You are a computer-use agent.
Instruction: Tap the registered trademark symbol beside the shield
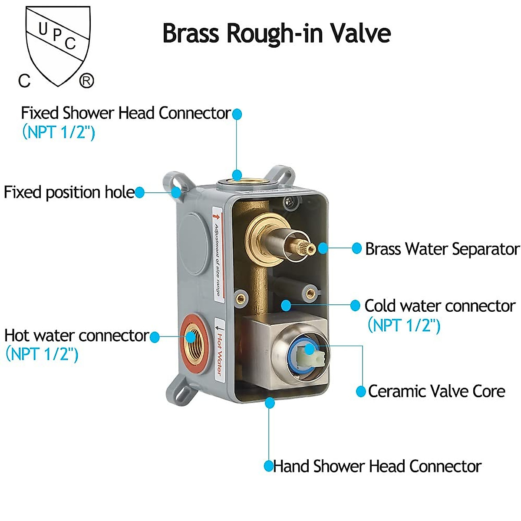pos(86,81)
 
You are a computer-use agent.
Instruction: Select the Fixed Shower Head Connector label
pos(125,113)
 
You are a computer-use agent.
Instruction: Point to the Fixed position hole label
pos(69,192)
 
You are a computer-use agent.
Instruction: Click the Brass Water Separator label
pos(442,249)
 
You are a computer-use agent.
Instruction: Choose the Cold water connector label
pos(440,306)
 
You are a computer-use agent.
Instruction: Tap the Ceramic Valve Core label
pos(436,391)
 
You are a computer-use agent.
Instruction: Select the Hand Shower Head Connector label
pos(377,466)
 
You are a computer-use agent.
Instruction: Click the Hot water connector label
pos(76,336)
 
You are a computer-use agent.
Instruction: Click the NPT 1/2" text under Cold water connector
pos(404,325)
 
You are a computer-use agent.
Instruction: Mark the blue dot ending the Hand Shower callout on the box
pos(270,403)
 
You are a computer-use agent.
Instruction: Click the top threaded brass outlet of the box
pos(237,179)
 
